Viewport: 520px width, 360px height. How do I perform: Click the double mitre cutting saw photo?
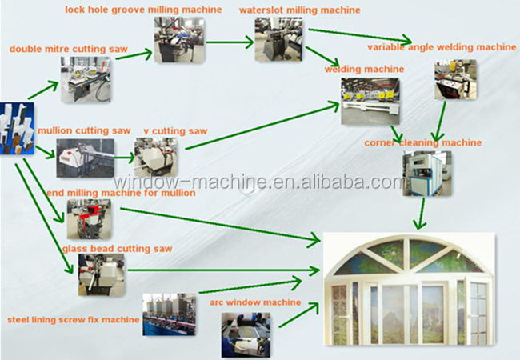tap(86, 79)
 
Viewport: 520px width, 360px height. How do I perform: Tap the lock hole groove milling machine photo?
tap(179, 40)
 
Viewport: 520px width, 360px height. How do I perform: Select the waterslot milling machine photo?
tap(278, 39)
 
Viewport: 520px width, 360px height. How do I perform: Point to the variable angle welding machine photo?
tap(455, 79)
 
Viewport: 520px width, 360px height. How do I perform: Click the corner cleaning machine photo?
tap(427, 173)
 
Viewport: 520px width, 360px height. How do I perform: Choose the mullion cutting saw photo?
tap(86, 158)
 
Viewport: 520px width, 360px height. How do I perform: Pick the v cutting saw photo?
tap(155, 157)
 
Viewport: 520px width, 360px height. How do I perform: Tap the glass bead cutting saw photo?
tap(102, 275)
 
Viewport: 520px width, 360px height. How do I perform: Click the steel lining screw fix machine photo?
tap(169, 314)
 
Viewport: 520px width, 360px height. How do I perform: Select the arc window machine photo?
tap(246, 335)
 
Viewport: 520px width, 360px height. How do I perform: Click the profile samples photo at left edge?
tap(17, 129)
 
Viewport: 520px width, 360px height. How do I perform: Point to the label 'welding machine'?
tap(364, 70)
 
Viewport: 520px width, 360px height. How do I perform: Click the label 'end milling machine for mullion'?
tap(121, 193)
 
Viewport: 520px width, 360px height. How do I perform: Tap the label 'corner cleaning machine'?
tap(423, 143)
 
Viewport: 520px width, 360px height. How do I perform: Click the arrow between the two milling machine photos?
tap(230, 42)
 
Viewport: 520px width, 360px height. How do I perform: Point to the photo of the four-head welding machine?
tap(370, 102)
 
